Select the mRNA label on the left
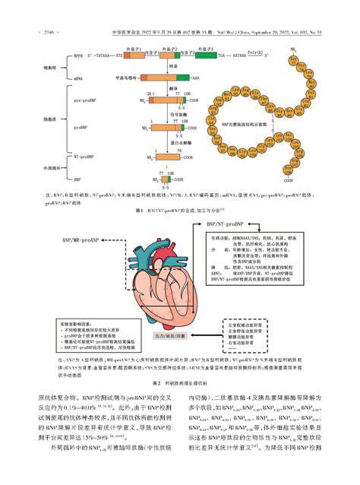click(78, 78)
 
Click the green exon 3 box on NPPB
click(207, 55)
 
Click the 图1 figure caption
click(179, 208)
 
